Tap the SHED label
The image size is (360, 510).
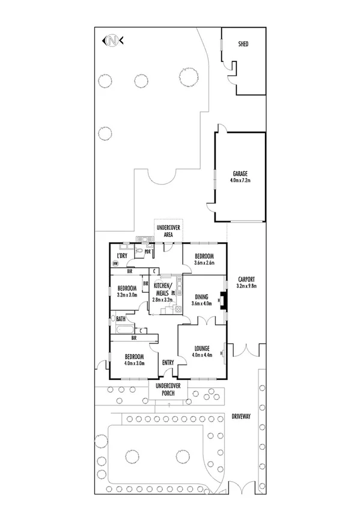point(243,45)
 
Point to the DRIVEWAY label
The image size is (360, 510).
point(243,416)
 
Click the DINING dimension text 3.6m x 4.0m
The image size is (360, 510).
point(203,303)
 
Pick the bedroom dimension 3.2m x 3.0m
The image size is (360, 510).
point(127,295)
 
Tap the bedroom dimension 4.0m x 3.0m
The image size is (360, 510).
point(128,363)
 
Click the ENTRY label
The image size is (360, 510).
point(168,362)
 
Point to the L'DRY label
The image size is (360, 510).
point(121,256)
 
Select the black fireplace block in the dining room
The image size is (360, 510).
point(224,300)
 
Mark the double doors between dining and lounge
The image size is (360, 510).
point(204,322)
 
